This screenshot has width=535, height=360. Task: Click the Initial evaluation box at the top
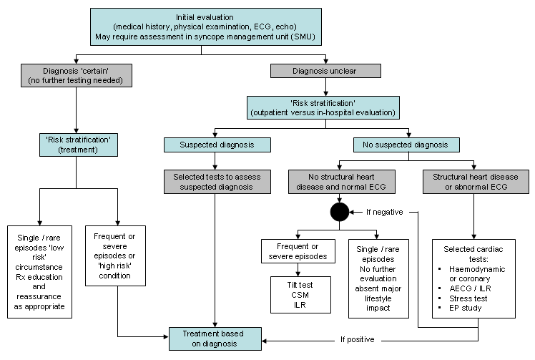point(206,26)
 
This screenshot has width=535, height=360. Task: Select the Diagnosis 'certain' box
point(76,76)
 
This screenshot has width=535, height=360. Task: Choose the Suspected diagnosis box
point(216,145)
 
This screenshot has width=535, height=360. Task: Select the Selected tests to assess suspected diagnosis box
point(216,183)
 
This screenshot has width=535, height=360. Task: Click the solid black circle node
point(339,213)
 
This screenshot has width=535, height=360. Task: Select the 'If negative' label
point(385,213)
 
